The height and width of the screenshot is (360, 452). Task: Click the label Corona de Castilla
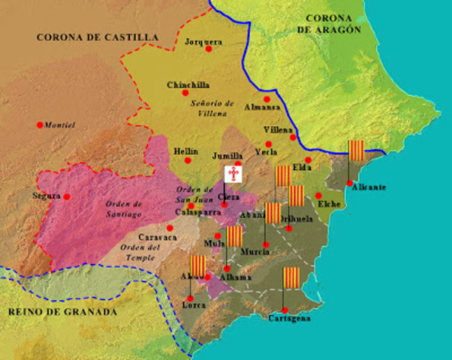click(98, 36)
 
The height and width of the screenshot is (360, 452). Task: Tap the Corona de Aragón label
click(329, 22)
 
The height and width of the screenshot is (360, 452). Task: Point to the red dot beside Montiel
click(40, 124)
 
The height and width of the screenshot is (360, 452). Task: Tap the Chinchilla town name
click(188, 85)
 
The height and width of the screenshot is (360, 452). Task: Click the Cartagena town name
click(289, 318)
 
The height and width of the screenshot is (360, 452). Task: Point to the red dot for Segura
click(67, 196)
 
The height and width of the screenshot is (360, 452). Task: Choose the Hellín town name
click(185, 150)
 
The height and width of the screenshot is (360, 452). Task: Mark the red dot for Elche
click(318, 195)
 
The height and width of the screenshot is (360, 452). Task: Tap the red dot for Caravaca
click(170, 227)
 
